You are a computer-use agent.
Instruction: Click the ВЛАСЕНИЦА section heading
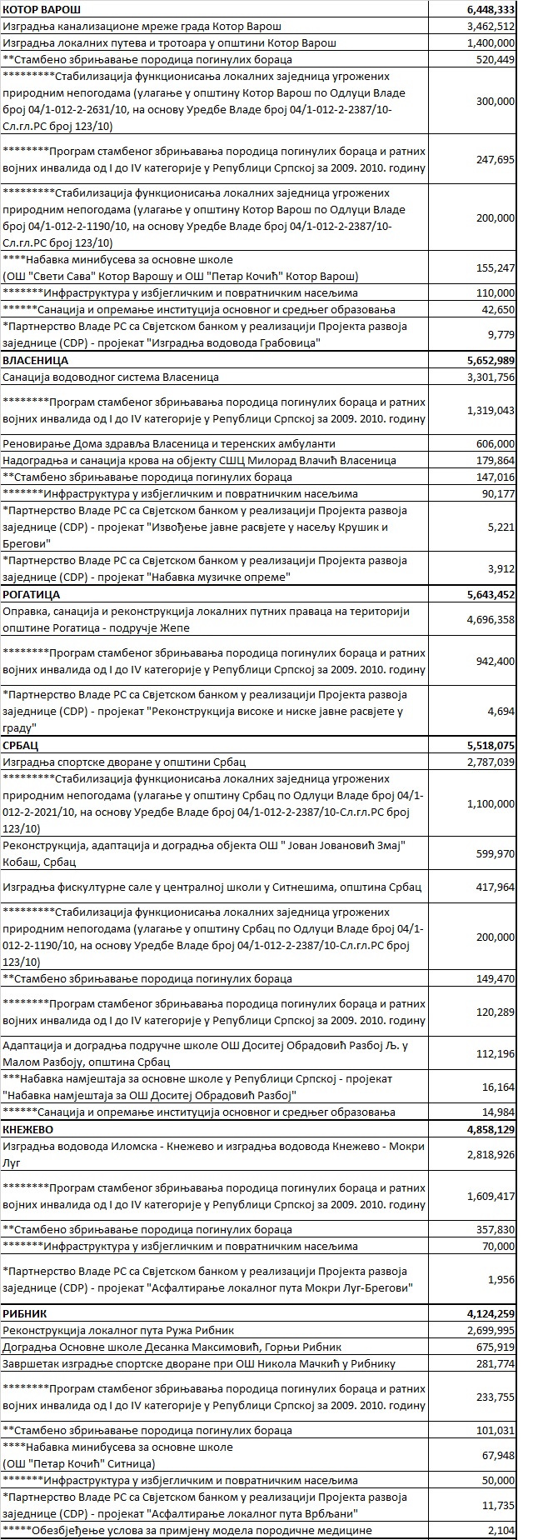click(36, 361)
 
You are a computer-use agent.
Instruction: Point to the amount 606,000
click(496, 444)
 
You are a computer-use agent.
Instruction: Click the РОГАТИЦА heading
click(33, 595)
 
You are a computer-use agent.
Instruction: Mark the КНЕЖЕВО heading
click(31, 1129)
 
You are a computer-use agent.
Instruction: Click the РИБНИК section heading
click(27, 1313)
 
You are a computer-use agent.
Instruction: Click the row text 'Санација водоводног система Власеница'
click(111, 377)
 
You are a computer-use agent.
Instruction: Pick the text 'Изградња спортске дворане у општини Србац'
click(124, 762)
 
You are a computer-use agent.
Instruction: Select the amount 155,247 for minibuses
click(496, 267)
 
